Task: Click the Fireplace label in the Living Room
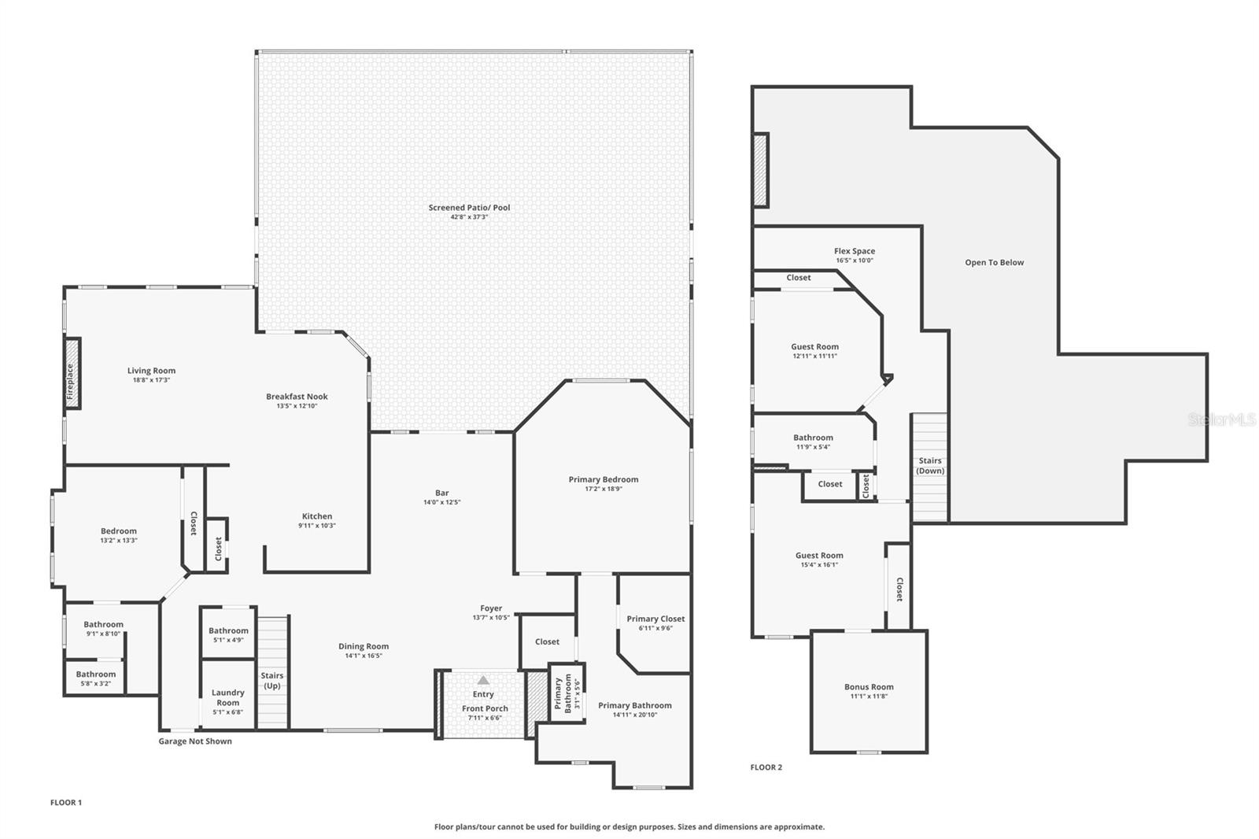pyautogui.click(x=71, y=380)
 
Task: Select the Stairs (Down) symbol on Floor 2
pyautogui.click(x=929, y=466)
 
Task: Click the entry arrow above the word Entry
pyautogui.click(x=483, y=680)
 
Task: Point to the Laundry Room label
pyautogui.click(x=228, y=697)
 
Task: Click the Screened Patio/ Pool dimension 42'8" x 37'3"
pyautogui.click(x=469, y=217)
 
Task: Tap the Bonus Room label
pyautogui.click(x=869, y=687)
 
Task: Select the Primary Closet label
pyautogui.click(x=655, y=619)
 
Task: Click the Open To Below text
pyautogui.click(x=994, y=263)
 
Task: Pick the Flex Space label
pyautogui.click(x=855, y=251)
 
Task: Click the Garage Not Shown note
pyautogui.click(x=195, y=741)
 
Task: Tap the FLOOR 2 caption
pyautogui.click(x=766, y=767)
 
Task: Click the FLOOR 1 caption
pyautogui.click(x=66, y=803)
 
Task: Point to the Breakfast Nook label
pyautogui.click(x=297, y=397)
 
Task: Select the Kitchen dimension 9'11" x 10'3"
pyautogui.click(x=317, y=526)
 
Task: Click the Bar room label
pyautogui.click(x=441, y=493)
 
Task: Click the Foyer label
pyautogui.click(x=491, y=608)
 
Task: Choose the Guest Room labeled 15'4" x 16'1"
pyautogui.click(x=819, y=556)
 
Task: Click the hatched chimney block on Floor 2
pyautogui.click(x=760, y=170)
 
